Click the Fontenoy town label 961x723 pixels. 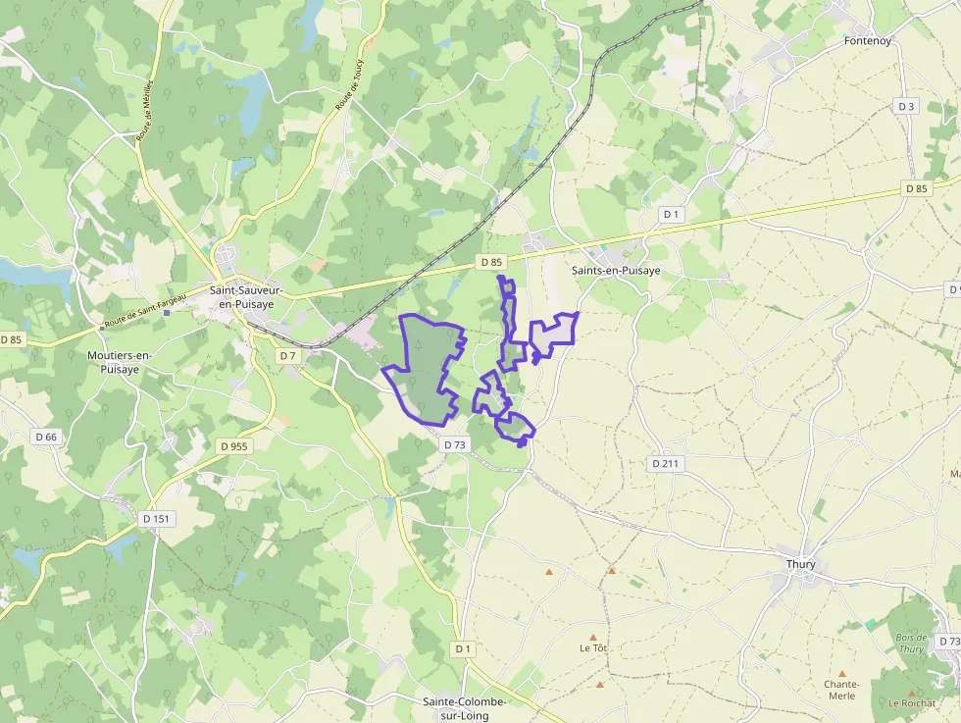tap(867, 41)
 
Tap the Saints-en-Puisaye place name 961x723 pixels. tap(615, 271)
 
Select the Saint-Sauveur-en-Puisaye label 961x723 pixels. tap(247, 297)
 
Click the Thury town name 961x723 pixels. tap(801, 564)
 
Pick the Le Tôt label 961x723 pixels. tap(593, 648)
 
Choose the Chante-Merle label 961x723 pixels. tap(841, 690)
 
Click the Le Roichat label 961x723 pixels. tap(911, 703)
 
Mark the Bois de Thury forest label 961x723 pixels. tap(911, 643)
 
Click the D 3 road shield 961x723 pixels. tap(906, 107)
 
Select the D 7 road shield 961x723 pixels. tap(287, 355)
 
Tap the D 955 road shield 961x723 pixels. tap(234, 445)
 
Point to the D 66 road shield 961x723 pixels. tap(46, 437)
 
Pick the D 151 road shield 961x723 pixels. tap(157, 518)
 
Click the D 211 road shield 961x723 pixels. tap(666, 463)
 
